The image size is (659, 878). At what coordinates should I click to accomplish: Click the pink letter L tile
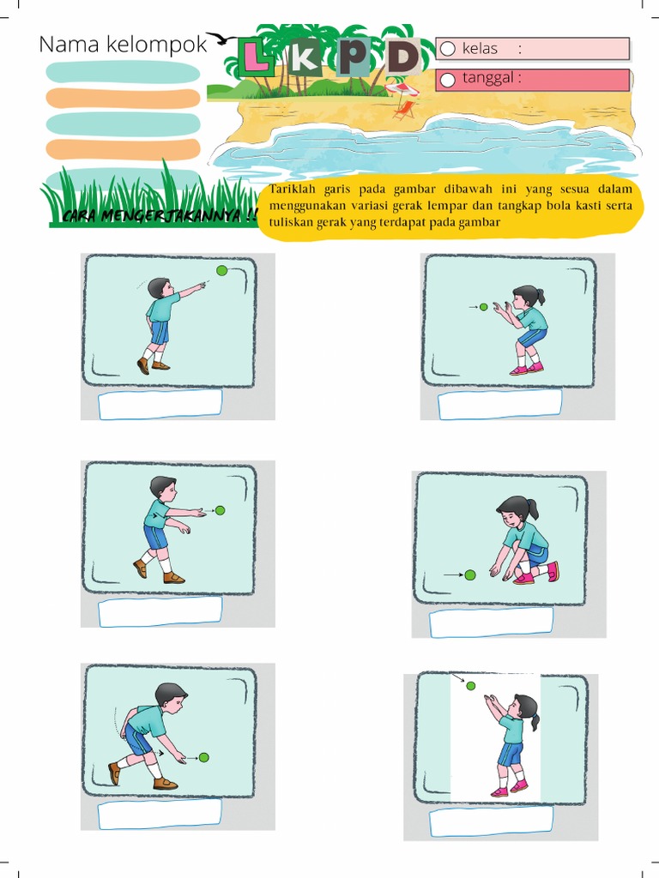pos(256,57)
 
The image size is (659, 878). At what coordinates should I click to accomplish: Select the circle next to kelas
pos(447,49)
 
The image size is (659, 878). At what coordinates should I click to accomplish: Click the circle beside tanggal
pos(447,81)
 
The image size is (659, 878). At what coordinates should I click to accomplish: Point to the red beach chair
pos(404,110)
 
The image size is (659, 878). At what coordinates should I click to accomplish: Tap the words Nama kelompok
pos(124,45)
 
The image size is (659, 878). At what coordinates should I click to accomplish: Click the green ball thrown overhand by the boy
pos(222,271)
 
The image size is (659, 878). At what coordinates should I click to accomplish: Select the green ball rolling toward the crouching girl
pos(470,575)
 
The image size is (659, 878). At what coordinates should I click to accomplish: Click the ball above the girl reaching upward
pos(471,686)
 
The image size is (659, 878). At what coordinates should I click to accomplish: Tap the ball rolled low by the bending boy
pos(204,758)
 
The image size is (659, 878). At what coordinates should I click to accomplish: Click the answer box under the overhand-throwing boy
pos(160,405)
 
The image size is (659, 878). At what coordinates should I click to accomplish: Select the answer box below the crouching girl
pos(491,622)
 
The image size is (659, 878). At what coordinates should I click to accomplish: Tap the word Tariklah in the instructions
pos(293,189)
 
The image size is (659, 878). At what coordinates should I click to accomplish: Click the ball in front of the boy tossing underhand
pos(221,511)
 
